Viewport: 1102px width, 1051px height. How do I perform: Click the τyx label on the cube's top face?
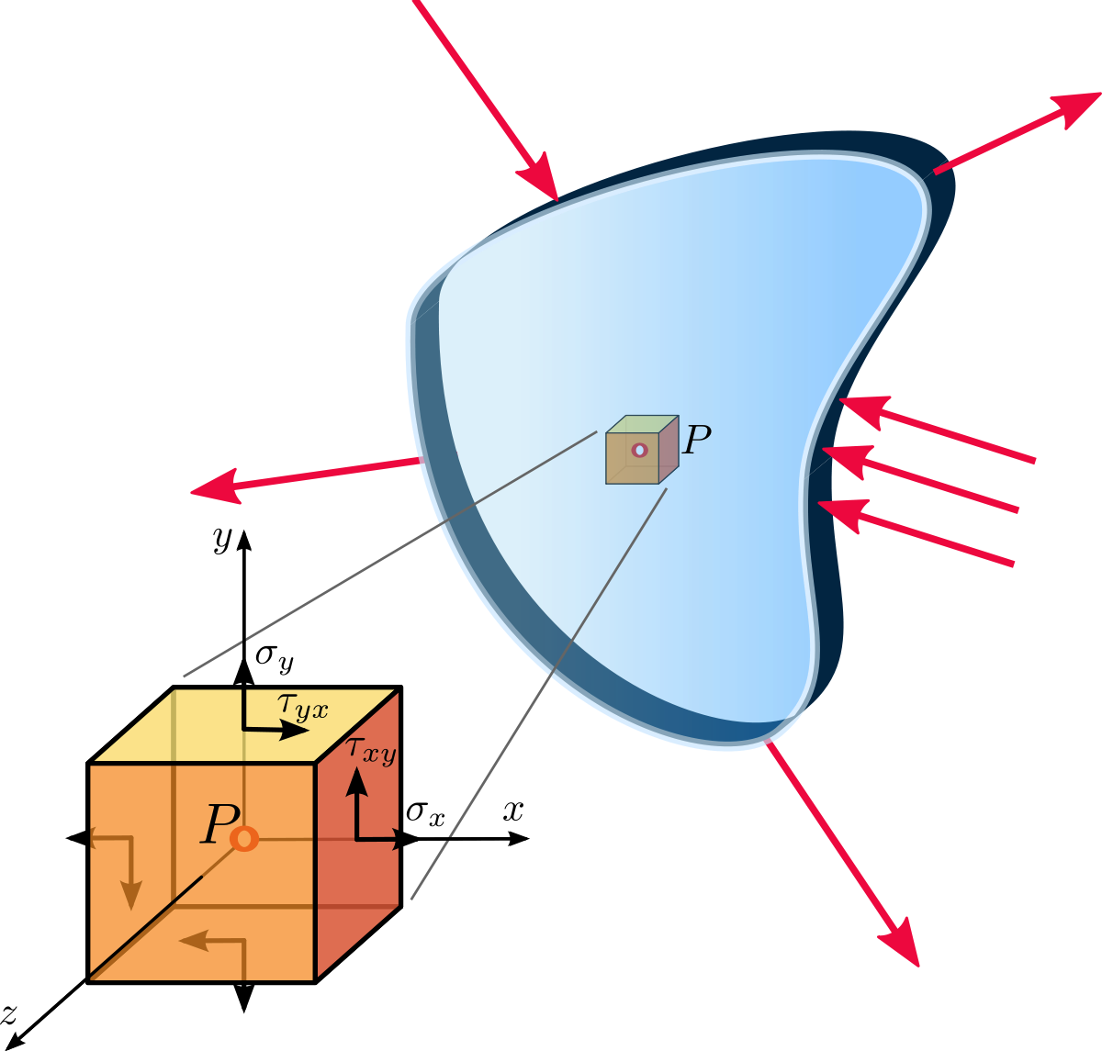(303, 708)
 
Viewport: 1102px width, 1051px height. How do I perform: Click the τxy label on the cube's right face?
(371, 750)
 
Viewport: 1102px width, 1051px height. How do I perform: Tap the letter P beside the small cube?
(697, 441)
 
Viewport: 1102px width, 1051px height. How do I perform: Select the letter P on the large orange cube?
(219, 824)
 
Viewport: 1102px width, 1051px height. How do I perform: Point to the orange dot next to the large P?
(244, 839)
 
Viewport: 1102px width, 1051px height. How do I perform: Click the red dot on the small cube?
(639, 450)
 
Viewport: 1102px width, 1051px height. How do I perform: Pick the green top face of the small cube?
(642, 424)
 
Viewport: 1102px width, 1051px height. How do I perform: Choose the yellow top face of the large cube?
(243, 725)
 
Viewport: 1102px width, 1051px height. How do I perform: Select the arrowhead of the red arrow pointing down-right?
(900, 942)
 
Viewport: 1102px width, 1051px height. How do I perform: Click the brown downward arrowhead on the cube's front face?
(132, 894)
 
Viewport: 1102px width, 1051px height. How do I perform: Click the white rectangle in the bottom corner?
(1020, 995)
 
